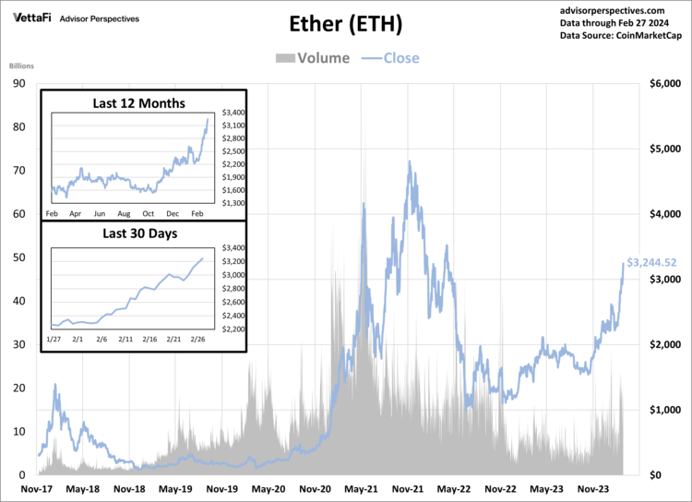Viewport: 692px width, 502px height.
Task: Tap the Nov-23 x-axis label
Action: [x=593, y=489]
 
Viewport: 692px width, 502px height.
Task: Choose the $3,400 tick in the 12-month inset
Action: [x=232, y=113]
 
